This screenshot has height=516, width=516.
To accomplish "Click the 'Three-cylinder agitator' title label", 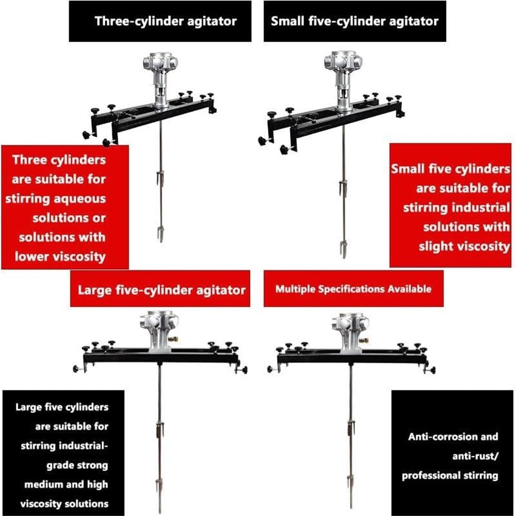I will click(165, 21).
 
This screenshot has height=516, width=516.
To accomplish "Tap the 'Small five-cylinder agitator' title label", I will click(354, 21).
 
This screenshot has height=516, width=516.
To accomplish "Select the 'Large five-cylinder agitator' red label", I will click(161, 289).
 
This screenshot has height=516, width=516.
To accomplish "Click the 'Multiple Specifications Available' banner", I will click(353, 289).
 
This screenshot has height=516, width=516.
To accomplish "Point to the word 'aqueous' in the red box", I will click(81, 199).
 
